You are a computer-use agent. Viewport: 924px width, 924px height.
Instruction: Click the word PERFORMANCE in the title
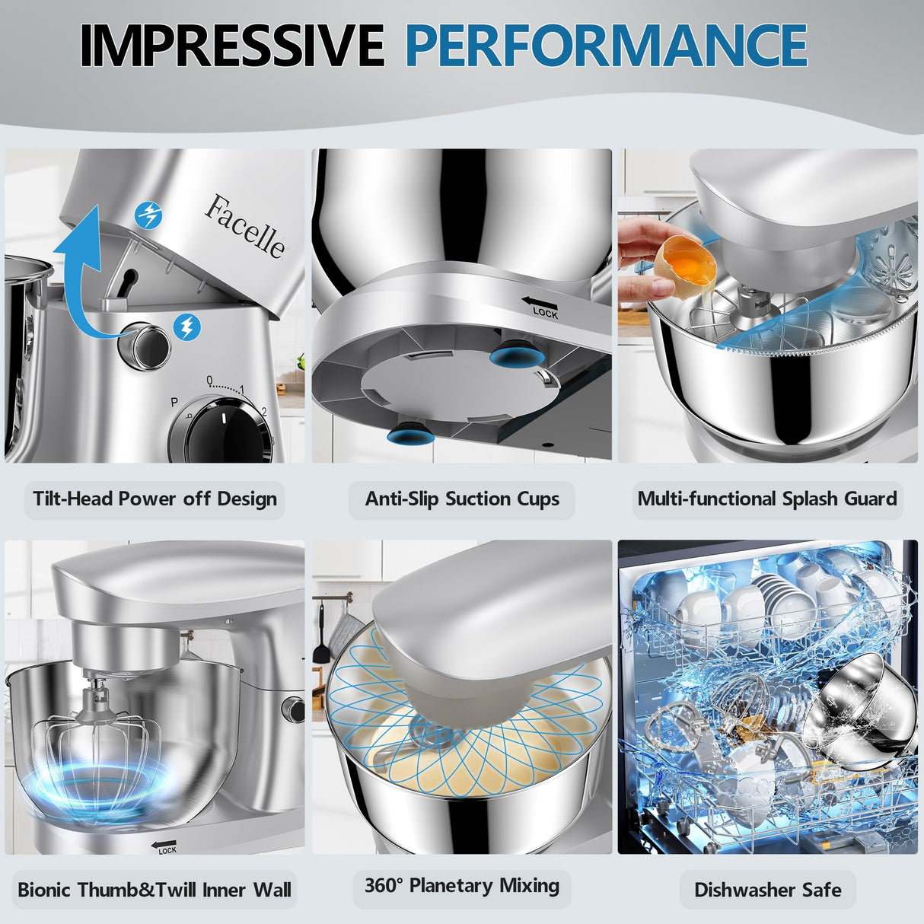606,45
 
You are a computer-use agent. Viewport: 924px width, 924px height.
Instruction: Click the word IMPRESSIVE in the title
231,45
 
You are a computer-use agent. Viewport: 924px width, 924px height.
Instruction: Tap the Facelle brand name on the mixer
245,226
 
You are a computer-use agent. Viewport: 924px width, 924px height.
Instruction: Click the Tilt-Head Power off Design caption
155,499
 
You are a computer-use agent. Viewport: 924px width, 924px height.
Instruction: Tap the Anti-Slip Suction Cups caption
462,499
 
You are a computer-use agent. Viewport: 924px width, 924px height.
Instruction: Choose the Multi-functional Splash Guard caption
767,499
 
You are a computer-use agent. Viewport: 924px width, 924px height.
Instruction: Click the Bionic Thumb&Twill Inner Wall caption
155,890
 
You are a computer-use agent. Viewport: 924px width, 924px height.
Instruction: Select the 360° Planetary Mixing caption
462,886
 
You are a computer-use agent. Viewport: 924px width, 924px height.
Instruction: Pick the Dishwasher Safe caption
767,890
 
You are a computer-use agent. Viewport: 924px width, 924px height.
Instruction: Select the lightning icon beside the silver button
186,327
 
